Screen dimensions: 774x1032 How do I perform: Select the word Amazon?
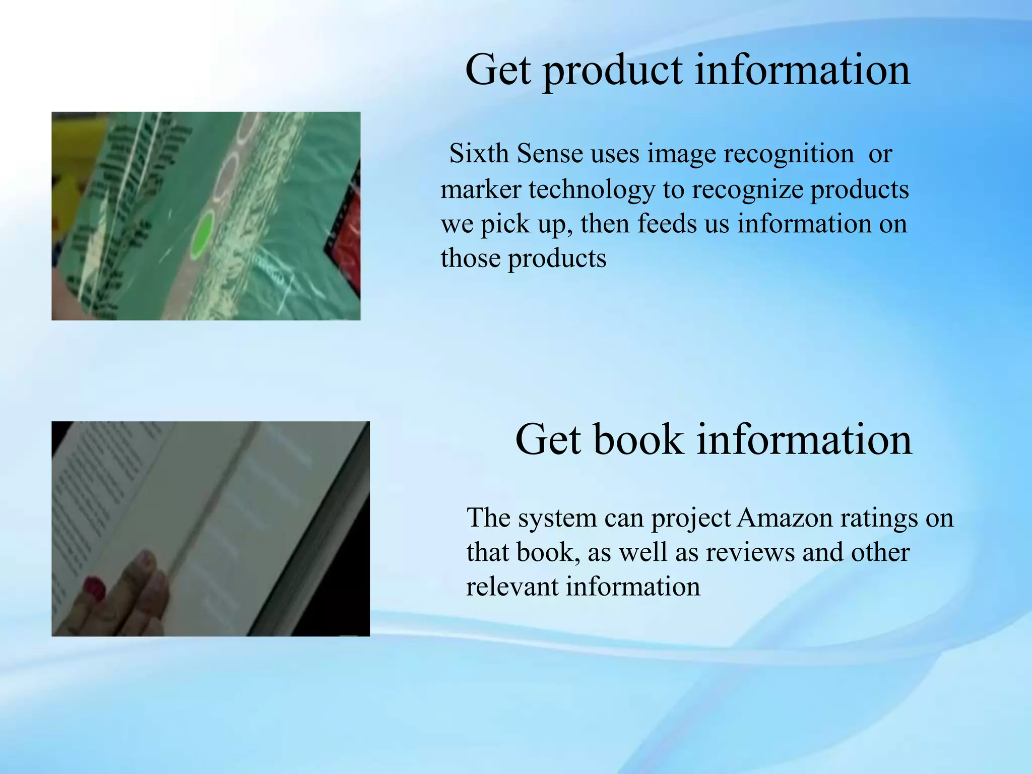point(785,518)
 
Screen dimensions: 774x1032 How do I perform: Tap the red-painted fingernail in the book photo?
point(94,587)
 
